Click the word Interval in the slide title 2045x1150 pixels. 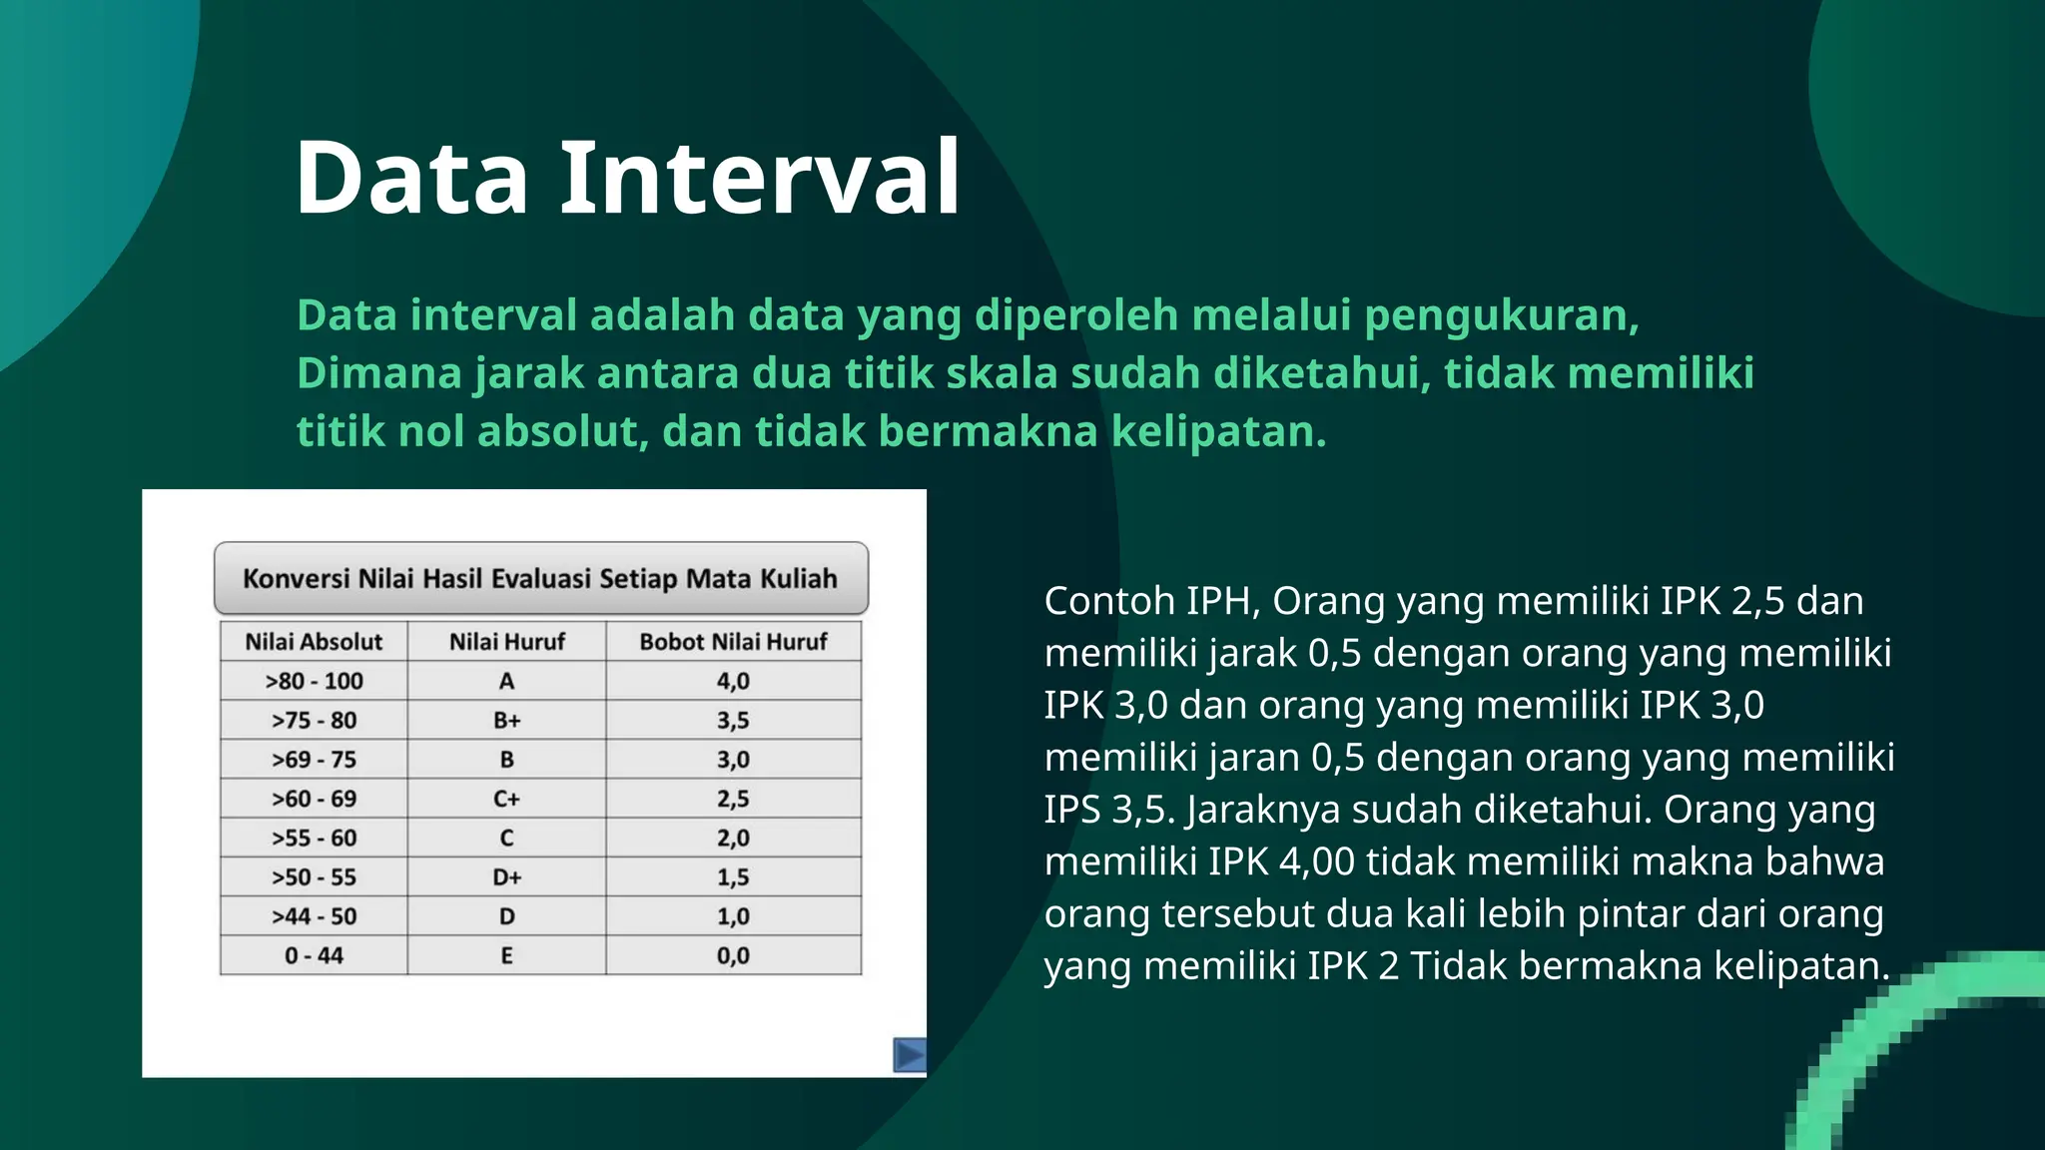coord(760,178)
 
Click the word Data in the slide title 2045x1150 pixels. coord(411,178)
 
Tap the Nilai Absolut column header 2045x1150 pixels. coord(314,642)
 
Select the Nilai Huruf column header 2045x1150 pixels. coord(506,642)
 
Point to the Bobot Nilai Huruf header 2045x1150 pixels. coord(733,642)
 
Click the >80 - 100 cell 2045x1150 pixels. coord(314,681)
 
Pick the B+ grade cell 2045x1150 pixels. coord(506,720)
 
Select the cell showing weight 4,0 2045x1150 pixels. coord(733,681)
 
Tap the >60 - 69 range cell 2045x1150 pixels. coord(314,799)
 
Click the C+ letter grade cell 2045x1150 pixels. coord(506,799)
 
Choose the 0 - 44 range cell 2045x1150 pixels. coord(314,955)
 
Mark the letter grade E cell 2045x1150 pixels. coord(506,955)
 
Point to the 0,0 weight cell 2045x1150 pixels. coord(733,955)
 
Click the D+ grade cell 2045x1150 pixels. coord(506,877)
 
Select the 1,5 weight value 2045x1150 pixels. coord(733,877)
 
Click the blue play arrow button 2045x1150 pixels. coord(909,1055)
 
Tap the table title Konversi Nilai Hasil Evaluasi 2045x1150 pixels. coord(540,579)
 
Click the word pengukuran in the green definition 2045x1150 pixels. coord(1501,315)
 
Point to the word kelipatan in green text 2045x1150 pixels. coord(1218,432)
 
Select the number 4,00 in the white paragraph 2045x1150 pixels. coord(1316,862)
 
